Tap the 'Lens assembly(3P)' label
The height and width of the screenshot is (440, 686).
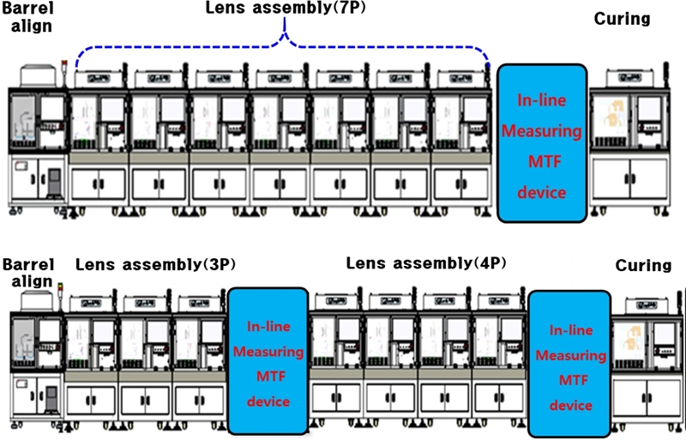tap(155, 264)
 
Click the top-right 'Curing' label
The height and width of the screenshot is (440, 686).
tap(622, 19)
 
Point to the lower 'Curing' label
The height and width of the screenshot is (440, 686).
tap(643, 266)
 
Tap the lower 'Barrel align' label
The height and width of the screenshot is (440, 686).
tap(27, 272)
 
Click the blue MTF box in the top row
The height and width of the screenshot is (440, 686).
tap(542, 142)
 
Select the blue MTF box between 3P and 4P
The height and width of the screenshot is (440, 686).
tap(268, 360)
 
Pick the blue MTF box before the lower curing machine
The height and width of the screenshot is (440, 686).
tap(570, 364)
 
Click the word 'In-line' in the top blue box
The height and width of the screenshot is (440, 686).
tap(542, 101)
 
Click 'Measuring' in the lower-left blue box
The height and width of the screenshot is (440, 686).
tap(268, 352)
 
